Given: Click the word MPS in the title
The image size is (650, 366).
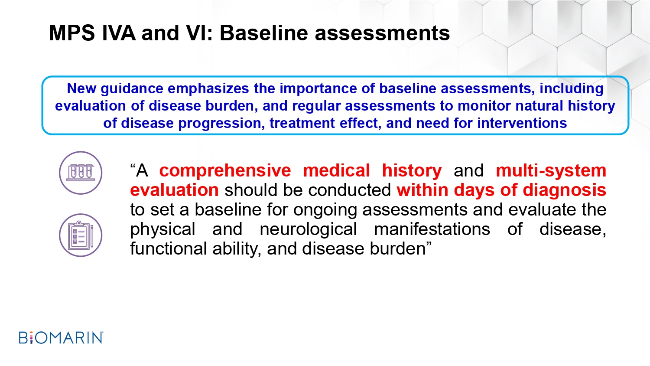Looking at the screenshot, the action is tap(72, 33).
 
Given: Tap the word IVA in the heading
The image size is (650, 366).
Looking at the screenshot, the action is tap(119, 33).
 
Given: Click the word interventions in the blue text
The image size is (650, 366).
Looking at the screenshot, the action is tap(522, 123).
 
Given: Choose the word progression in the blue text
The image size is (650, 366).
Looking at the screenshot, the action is tap(221, 124).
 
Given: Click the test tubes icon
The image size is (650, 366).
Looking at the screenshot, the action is tap(81, 173).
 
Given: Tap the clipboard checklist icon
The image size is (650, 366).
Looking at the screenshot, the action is tap(81, 235).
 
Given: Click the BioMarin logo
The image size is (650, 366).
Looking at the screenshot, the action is tap(61, 337).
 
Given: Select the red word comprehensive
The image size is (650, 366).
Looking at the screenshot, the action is tap(225, 171).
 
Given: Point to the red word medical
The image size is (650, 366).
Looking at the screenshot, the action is tap(337, 170).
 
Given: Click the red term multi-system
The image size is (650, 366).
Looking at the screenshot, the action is tap(551, 171).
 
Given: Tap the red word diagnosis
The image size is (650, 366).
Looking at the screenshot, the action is tap(564, 190).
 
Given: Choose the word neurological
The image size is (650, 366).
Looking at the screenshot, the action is tap(308, 230).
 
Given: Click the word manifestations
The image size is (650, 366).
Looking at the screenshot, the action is tap(432, 229).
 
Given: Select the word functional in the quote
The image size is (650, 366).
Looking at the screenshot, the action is tap(168, 248).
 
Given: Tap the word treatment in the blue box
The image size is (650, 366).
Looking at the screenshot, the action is tap(302, 123).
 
